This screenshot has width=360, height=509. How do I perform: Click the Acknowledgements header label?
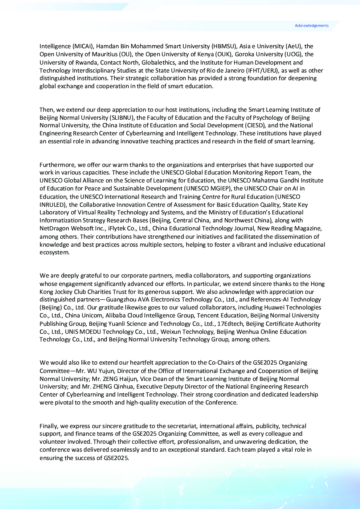pyautogui.click(x=311, y=26)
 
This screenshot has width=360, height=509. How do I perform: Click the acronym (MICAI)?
pyautogui.click(x=83, y=46)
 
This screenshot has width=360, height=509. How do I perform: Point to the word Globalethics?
pyautogui.click(x=159, y=62)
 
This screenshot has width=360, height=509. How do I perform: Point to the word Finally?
pyautogui.click(x=49, y=426)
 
